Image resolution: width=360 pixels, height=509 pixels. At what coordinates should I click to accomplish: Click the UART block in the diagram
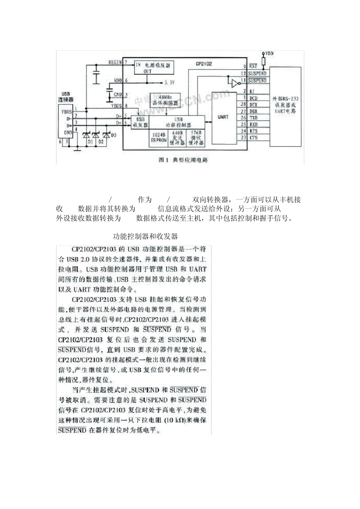click(x=223, y=117)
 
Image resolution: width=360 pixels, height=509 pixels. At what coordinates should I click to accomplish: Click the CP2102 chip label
click(x=204, y=64)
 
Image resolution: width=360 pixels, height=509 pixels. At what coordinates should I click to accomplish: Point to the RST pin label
click(x=253, y=66)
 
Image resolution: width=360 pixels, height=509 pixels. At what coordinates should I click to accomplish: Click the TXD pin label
click(x=254, y=118)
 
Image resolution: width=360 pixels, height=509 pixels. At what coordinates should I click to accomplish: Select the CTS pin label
click(x=254, y=138)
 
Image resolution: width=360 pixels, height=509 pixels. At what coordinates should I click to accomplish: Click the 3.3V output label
click(x=169, y=81)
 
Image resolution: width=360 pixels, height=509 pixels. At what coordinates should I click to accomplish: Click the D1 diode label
click(x=90, y=142)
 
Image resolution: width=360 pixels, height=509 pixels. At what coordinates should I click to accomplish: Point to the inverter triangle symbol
click(x=235, y=83)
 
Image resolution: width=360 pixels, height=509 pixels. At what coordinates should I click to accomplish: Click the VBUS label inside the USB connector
click(x=67, y=112)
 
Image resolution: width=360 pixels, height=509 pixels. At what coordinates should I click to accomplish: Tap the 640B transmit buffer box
click(x=177, y=137)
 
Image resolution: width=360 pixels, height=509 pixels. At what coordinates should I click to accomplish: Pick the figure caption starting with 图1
click(x=183, y=160)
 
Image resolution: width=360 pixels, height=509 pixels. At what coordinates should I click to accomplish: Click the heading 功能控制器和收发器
click(x=146, y=237)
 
